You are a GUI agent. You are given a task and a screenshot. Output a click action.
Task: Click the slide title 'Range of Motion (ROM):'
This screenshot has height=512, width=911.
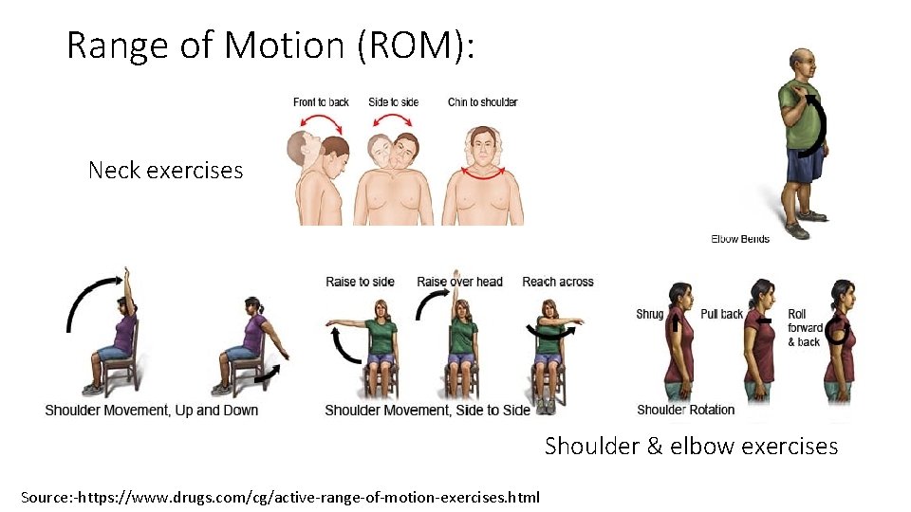point(270,45)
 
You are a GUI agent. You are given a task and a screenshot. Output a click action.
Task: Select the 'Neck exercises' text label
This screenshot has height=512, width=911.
point(165,171)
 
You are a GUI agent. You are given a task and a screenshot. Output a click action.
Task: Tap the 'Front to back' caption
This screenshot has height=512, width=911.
point(321,102)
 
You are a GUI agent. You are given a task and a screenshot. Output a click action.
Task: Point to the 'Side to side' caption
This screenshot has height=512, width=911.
point(393,102)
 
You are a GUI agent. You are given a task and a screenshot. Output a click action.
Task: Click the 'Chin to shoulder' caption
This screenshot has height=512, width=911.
point(482,102)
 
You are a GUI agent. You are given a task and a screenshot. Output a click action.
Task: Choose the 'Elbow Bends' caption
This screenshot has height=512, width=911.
point(740,239)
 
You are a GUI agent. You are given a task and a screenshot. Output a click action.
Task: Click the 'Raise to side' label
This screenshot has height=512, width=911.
point(360,282)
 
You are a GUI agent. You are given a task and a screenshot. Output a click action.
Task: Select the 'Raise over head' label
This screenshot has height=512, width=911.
point(459,282)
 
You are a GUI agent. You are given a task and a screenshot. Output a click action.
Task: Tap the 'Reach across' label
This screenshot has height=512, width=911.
point(558,282)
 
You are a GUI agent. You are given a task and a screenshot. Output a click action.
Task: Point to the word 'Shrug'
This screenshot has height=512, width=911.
point(650,315)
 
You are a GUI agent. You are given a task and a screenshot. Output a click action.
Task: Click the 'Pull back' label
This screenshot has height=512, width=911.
point(721,315)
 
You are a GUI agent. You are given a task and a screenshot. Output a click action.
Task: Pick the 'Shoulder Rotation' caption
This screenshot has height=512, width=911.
point(685,410)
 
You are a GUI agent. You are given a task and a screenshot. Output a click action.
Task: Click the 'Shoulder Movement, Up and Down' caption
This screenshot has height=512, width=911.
point(152,411)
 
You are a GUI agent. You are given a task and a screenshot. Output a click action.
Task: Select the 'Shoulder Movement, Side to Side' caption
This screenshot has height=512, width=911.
point(427,411)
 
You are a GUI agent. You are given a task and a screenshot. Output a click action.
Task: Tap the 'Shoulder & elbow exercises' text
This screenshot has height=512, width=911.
point(691,446)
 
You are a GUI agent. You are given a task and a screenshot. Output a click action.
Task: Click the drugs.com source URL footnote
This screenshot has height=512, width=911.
point(280,496)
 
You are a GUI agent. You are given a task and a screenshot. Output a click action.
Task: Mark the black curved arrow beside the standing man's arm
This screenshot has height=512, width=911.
point(813,123)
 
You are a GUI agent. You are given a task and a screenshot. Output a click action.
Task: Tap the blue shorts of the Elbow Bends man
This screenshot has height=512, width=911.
point(805,165)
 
